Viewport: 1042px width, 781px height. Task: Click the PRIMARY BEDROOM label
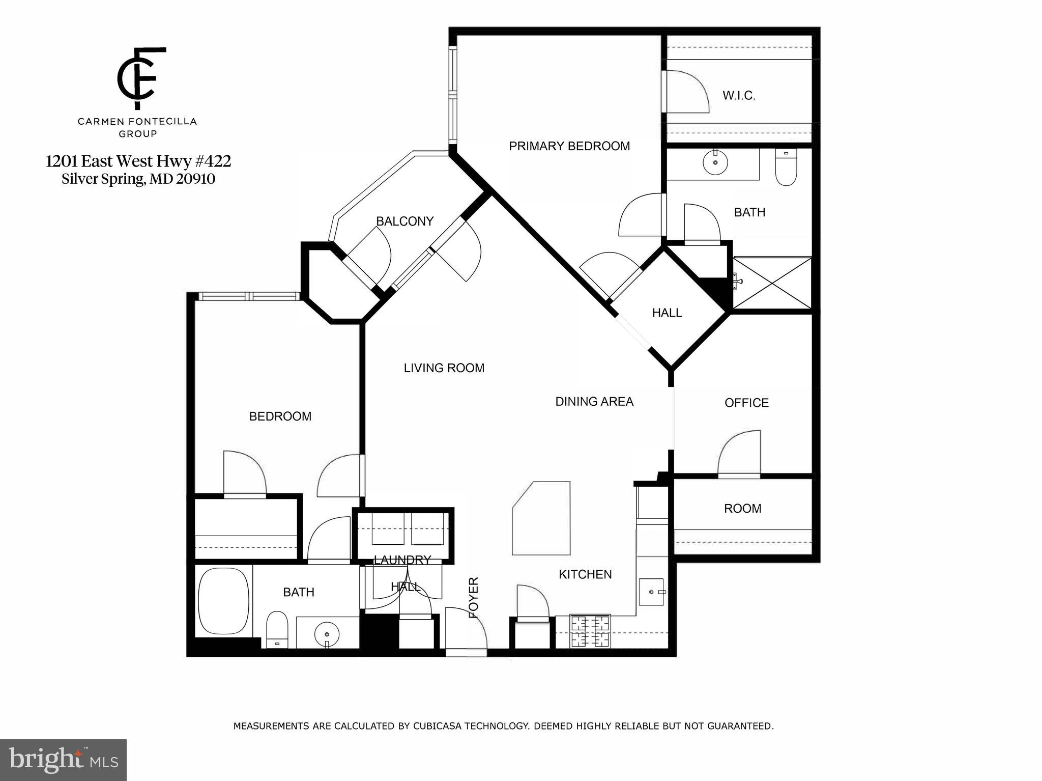(x=569, y=146)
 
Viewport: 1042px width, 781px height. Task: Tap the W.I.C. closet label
(x=739, y=96)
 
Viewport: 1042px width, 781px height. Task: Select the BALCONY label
(x=404, y=221)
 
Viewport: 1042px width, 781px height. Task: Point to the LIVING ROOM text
(x=444, y=368)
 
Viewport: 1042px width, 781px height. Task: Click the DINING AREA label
(x=594, y=402)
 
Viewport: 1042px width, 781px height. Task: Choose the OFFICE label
(x=746, y=403)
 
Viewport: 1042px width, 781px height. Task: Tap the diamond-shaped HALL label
(x=667, y=313)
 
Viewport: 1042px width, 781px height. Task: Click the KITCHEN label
(x=585, y=574)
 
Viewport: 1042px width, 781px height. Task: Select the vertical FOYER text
(x=474, y=597)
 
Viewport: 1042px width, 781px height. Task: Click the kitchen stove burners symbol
(x=590, y=631)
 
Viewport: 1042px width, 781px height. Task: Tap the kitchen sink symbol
(x=651, y=592)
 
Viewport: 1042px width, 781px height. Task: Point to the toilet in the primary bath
(x=786, y=169)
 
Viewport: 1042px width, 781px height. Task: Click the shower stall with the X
(x=772, y=283)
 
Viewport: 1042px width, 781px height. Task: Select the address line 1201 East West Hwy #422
(x=138, y=161)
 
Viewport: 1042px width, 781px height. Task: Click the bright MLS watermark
(x=63, y=760)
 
